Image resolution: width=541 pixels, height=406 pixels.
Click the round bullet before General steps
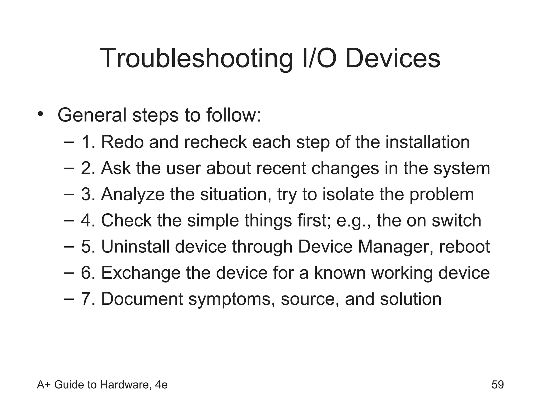pyautogui.click(x=40, y=114)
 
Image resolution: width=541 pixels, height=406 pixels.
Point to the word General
pyautogui.click(x=92, y=115)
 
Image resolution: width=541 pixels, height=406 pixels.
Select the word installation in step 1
pyautogui.click(x=427, y=142)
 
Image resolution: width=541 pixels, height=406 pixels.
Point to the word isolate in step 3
pyautogui.click(x=348, y=194)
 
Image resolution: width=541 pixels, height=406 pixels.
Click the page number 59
pyautogui.click(x=498, y=385)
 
